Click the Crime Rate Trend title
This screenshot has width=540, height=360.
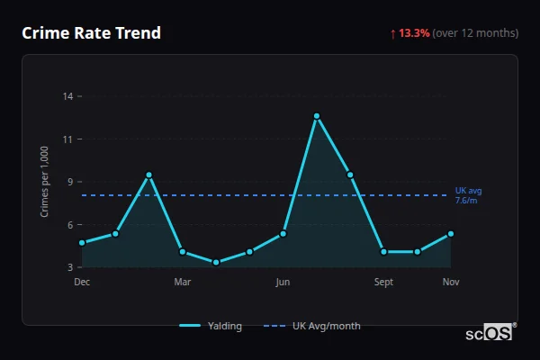pos(91,33)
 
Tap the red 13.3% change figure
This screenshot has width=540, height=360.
pos(415,33)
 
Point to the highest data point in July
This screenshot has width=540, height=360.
pos(317,116)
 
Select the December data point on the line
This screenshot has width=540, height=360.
pos(82,243)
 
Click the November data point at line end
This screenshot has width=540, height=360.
pos(451,234)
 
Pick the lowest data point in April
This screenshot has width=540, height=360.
pos(216,263)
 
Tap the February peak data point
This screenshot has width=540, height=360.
pos(149,175)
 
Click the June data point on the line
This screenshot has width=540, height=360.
pos(283,234)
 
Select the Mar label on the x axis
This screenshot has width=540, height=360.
pos(183,283)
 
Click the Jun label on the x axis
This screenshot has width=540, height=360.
pos(283,283)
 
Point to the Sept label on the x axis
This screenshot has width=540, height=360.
pos(384,283)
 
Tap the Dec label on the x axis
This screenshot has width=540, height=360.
pos(82,283)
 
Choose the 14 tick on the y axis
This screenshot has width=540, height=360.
pos(67,96)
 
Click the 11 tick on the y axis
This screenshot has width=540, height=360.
pos(67,139)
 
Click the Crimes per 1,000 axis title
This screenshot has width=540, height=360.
pos(45,182)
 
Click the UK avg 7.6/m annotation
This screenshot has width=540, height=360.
pos(469,195)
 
